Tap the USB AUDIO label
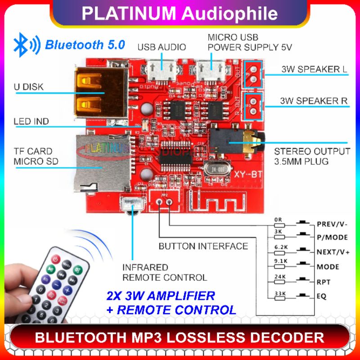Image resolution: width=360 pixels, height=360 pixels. pos(162,47)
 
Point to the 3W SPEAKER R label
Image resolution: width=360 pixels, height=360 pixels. pos(314,101)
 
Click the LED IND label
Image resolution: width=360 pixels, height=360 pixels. pos(31,121)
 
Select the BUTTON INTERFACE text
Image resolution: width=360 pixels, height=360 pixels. pos(203,246)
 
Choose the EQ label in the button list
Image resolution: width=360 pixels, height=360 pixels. pos(321,297)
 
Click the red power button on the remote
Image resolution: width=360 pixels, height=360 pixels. pos(55,259)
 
